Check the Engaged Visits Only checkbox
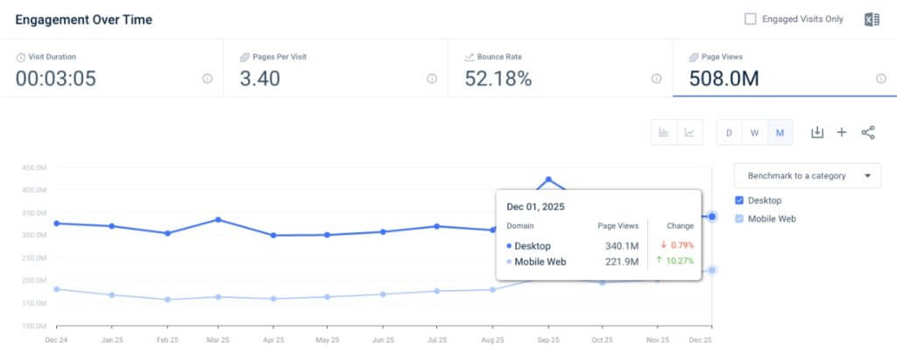point(750,18)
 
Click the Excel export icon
point(872,19)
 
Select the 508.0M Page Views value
point(724,79)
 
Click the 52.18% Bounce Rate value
point(498,79)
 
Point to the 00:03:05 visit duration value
point(56,79)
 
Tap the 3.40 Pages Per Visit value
point(260,79)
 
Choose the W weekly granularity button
point(754,133)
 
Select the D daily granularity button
point(729,133)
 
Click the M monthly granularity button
point(780,133)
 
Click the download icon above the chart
point(816,132)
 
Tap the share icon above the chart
point(868,132)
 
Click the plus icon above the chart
point(842,132)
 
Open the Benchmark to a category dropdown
point(807,175)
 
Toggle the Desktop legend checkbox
point(740,201)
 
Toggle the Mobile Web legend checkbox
point(740,219)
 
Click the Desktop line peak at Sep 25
point(549,180)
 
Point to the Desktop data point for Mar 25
point(218,220)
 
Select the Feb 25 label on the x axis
point(166,340)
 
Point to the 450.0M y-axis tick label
point(34,167)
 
